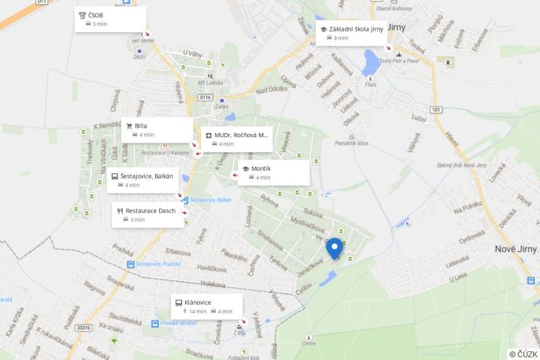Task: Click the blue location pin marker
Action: click(335, 247)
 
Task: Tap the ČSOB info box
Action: click(110, 19)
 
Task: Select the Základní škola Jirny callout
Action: click(351, 33)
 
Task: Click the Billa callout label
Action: click(157, 129)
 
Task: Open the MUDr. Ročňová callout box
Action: click(236, 139)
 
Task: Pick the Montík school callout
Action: click(273, 173)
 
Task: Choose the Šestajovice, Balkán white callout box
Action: click(142, 180)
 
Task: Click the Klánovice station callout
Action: click(206, 306)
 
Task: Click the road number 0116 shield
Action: click(206, 97)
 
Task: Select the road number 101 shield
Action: click(436, 109)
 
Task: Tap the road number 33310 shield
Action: click(83, 327)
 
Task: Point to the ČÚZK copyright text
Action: click(523, 354)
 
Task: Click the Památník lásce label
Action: click(352, 143)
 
